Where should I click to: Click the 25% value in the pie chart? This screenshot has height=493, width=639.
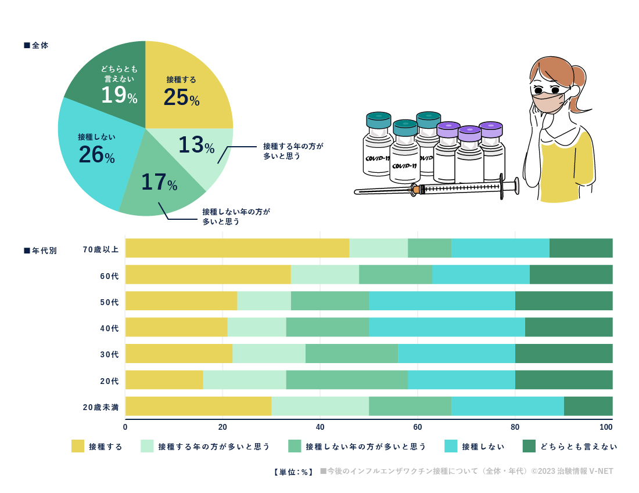pos(181,97)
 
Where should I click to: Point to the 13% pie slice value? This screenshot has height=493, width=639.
pos(196,145)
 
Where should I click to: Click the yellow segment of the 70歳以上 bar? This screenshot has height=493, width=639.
pos(237,248)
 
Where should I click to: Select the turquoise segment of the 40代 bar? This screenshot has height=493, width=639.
pos(447,327)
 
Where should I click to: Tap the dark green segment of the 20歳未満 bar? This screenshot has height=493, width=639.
pos(588,406)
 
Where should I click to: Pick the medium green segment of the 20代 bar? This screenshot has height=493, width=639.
pos(347,380)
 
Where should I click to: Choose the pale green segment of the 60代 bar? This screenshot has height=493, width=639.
pos(325,274)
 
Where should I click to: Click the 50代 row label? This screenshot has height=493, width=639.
pos(109,302)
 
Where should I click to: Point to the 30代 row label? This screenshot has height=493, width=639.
pos(109,354)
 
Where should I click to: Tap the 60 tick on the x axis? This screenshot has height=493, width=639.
pos(418,427)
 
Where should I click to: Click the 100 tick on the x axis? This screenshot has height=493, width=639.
pos(606,427)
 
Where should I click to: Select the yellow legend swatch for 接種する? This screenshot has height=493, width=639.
pos(78,446)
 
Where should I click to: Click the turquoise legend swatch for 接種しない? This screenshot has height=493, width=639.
pos(451,446)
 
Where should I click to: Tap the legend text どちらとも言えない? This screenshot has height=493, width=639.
pos(579,447)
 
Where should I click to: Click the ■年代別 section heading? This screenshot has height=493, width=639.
pos(40,251)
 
